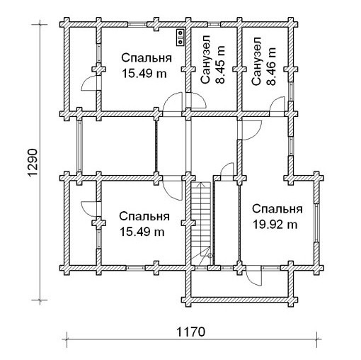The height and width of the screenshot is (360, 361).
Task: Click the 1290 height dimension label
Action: tap(33, 162)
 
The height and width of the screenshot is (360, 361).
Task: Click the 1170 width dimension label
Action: tap(190, 332)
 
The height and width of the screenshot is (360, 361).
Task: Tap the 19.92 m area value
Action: tap(275, 225)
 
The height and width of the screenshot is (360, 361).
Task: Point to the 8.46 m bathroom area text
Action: tap(271, 66)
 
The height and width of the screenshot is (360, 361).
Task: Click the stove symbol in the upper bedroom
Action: tap(180, 38)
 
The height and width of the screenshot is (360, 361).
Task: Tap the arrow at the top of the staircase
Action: tap(200, 184)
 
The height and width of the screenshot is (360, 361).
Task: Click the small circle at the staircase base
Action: tap(210, 255)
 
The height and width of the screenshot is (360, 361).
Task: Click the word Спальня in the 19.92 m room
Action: tap(277, 209)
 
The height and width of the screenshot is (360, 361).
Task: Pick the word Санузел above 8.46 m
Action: tap(256, 61)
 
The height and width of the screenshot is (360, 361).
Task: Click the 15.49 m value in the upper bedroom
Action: tap(144, 74)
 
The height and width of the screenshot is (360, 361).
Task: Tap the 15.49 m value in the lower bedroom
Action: tap(142, 232)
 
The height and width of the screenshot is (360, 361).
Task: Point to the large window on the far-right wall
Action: tap(316, 223)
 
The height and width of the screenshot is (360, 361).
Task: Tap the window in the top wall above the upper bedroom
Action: tap(137, 24)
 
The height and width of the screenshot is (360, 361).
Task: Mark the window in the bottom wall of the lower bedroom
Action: tap(135, 268)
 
